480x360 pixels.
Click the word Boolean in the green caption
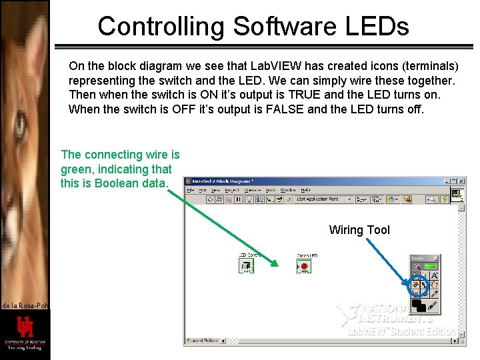pyautogui.click(x=115, y=183)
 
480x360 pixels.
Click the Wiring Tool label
pyautogui.click(x=359, y=230)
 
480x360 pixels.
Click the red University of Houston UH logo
pyautogui.click(x=25, y=327)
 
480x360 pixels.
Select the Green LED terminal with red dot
pyautogui.click(x=304, y=267)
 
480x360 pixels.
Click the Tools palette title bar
pyautogui.click(x=424, y=258)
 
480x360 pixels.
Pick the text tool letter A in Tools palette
pyautogui.click(x=434, y=275)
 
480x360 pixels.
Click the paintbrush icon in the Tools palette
pyautogui.click(x=433, y=305)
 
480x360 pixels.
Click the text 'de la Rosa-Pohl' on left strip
pyautogui.click(x=24, y=305)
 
